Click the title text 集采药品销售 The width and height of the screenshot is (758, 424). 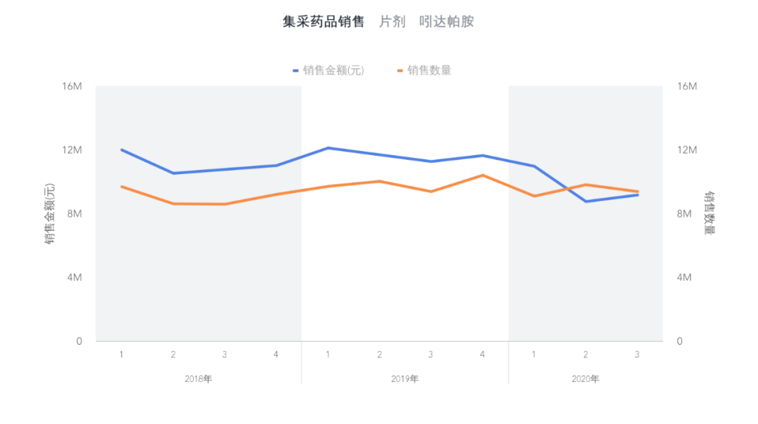point(324,22)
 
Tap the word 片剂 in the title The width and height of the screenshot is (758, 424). point(392,22)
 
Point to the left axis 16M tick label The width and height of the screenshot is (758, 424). point(72,86)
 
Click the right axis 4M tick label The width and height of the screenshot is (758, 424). point(684,277)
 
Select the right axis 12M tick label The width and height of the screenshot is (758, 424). point(686,150)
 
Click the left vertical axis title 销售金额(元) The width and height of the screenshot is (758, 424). point(50,214)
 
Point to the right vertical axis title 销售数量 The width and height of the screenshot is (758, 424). point(710,213)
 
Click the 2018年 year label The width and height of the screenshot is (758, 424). point(199,379)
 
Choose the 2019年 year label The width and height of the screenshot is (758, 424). point(405,379)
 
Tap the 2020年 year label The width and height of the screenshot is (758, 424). point(585,379)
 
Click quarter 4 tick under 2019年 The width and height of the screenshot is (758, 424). point(482,355)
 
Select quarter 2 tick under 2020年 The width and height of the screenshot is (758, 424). point(585,355)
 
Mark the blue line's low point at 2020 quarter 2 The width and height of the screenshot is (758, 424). point(585,201)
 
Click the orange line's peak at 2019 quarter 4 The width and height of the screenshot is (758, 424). point(482,175)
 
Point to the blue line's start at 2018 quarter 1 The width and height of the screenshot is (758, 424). point(121,150)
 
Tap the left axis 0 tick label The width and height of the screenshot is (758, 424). point(79,341)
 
